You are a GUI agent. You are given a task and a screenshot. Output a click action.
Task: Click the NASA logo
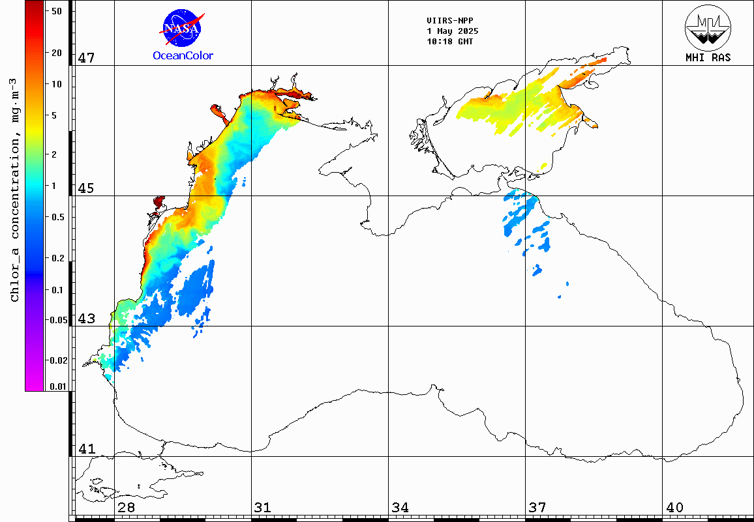click(x=183, y=27)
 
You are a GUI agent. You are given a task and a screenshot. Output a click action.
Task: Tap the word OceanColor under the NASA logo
click(x=183, y=55)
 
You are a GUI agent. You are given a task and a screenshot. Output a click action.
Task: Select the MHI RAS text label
click(x=708, y=57)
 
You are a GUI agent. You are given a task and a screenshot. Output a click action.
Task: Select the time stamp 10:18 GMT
click(x=450, y=41)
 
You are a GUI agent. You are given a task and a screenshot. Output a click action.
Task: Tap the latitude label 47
click(x=86, y=58)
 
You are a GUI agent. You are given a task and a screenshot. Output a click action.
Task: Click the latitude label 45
click(x=86, y=188)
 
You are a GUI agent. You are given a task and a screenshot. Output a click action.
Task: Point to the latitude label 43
click(x=86, y=319)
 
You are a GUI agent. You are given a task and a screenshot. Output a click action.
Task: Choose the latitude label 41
click(x=86, y=449)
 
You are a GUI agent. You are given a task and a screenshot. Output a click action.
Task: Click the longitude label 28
click(x=127, y=508)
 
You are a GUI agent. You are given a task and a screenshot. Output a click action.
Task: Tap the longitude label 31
click(x=263, y=508)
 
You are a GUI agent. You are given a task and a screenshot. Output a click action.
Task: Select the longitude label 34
click(x=400, y=508)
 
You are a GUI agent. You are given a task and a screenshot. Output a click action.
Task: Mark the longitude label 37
click(x=537, y=508)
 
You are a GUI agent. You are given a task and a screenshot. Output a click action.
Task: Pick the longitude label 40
click(x=674, y=508)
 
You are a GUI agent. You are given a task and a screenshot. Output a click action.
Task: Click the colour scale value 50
click(x=56, y=11)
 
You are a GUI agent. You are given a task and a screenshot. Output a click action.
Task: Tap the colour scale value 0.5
click(x=57, y=217)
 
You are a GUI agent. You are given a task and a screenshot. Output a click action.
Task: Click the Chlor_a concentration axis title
click(x=14, y=189)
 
